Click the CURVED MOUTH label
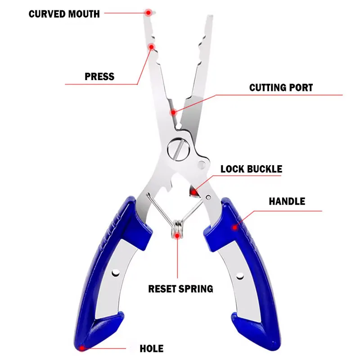click(64, 14)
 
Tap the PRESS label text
click(99, 76)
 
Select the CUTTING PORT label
click(281, 87)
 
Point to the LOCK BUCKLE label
click(251, 169)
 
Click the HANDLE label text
click(287, 201)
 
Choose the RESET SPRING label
click(180, 288)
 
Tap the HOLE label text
click(151, 348)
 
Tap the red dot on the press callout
click(152, 46)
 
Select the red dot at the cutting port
click(172, 112)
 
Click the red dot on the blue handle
click(234, 228)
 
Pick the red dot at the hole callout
click(81, 347)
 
